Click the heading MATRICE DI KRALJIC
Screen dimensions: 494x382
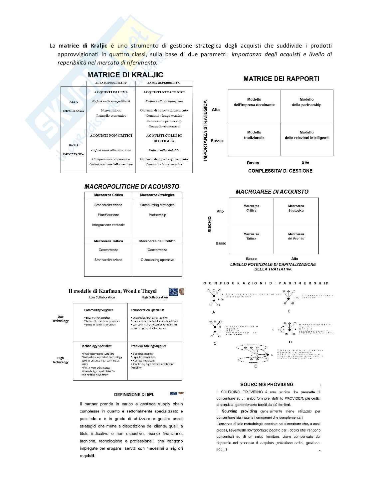coord(125,75)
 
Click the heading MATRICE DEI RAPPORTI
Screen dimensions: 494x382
coord(281,79)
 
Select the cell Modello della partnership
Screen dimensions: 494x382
coord(306,102)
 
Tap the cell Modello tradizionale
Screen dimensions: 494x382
coord(254,135)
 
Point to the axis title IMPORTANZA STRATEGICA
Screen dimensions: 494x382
coord(206,131)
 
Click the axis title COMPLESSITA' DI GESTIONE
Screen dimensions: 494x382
coord(280,171)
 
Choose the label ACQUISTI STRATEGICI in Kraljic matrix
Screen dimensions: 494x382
coord(164,92)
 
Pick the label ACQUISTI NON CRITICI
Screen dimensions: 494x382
coord(111,135)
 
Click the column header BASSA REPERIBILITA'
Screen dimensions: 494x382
coord(164,82)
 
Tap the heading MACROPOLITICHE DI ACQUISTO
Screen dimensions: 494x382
coord(132,187)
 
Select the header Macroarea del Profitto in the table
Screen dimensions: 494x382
coord(157,241)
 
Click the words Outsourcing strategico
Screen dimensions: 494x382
coord(157,205)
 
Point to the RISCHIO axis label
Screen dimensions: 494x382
coord(210,224)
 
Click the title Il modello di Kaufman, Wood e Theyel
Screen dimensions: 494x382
coord(112,291)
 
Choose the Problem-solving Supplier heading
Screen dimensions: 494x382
coord(148,346)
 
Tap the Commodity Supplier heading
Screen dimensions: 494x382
coord(98,310)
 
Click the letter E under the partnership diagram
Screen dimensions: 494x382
coord(256,366)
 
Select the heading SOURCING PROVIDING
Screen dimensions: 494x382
coord(267,385)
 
